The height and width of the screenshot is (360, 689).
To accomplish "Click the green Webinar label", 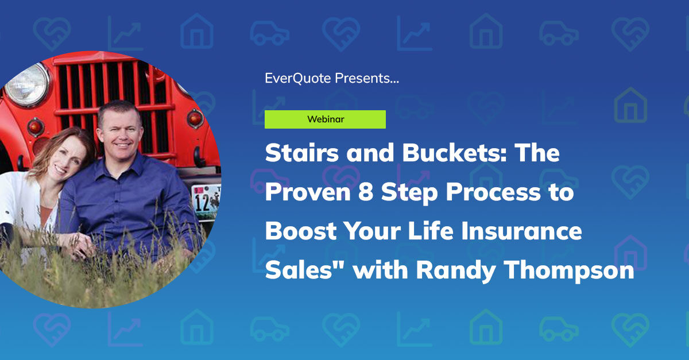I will tap(325, 119).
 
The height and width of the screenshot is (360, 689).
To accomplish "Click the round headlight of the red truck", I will tap(26, 85).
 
